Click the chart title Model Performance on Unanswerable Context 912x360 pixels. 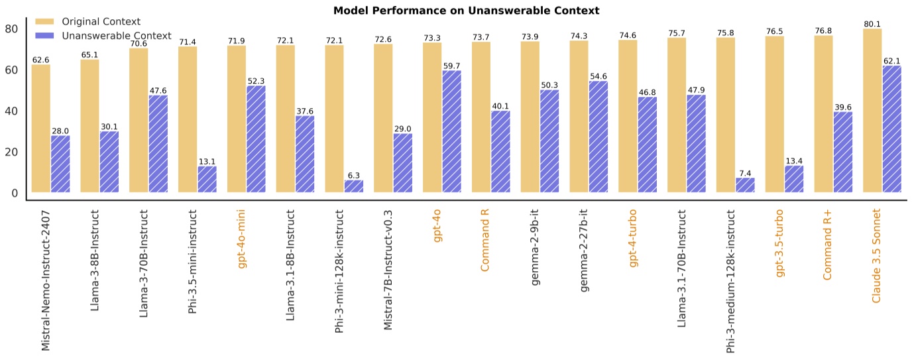point(456,10)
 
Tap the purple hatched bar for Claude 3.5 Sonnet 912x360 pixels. point(891,129)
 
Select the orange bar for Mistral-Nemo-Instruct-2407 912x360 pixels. point(41,129)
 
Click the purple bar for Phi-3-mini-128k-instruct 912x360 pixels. point(354,186)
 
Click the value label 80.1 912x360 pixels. point(872,25)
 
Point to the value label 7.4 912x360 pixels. point(745,174)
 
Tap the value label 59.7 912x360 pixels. point(452,66)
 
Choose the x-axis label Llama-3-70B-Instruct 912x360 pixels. point(144,263)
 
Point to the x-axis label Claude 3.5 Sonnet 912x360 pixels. point(876,256)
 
